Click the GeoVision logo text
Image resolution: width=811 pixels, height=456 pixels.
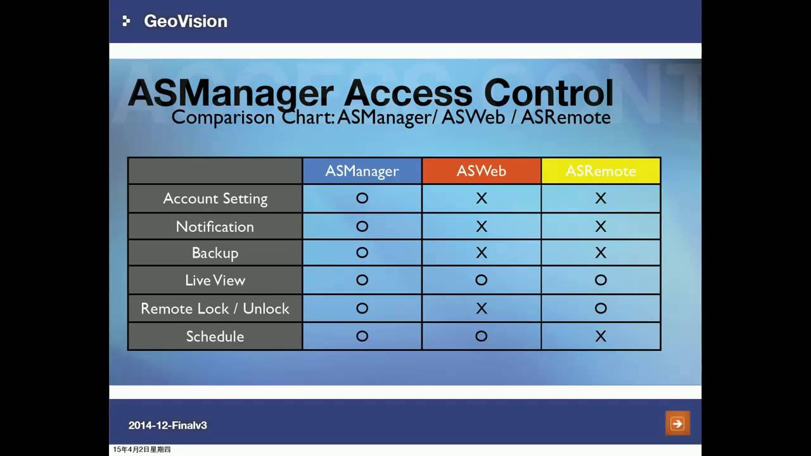[x=185, y=21]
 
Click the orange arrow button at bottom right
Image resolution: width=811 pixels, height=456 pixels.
[x=677, y=423]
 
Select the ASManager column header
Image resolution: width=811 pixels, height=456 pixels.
[x=362, y=171]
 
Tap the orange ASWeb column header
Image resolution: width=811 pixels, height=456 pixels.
[x=482, y=171]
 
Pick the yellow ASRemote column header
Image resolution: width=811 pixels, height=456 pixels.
[x=601, y=171]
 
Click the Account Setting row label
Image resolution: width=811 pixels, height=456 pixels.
[x=215, y=198]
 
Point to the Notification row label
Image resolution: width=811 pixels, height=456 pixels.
[x=215, y=226]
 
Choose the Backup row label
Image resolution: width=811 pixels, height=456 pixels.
[x=215, y=253]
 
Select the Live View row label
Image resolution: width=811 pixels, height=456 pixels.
[x=215, y=280]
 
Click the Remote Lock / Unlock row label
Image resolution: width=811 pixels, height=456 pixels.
[x=215, y=308]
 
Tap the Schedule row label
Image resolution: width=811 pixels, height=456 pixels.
[x=215, y=336]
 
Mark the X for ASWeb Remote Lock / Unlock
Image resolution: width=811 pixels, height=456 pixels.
[x=482, y=308]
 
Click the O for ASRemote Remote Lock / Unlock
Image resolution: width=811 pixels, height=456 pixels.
[x=601, y=308]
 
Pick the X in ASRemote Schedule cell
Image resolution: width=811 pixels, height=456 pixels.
[x=601, y=336]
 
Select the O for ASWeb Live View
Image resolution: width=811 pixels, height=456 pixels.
[x=482, y=280]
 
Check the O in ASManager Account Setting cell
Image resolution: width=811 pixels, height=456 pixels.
[x=362, y=198]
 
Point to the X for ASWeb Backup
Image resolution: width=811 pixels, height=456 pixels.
[x=482, y=253]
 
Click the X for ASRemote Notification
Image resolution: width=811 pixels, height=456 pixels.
[x=601, y=226]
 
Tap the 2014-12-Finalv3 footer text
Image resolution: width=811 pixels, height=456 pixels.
[x=167, y=425]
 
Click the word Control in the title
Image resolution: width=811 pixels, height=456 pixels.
[x=549, y=94]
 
